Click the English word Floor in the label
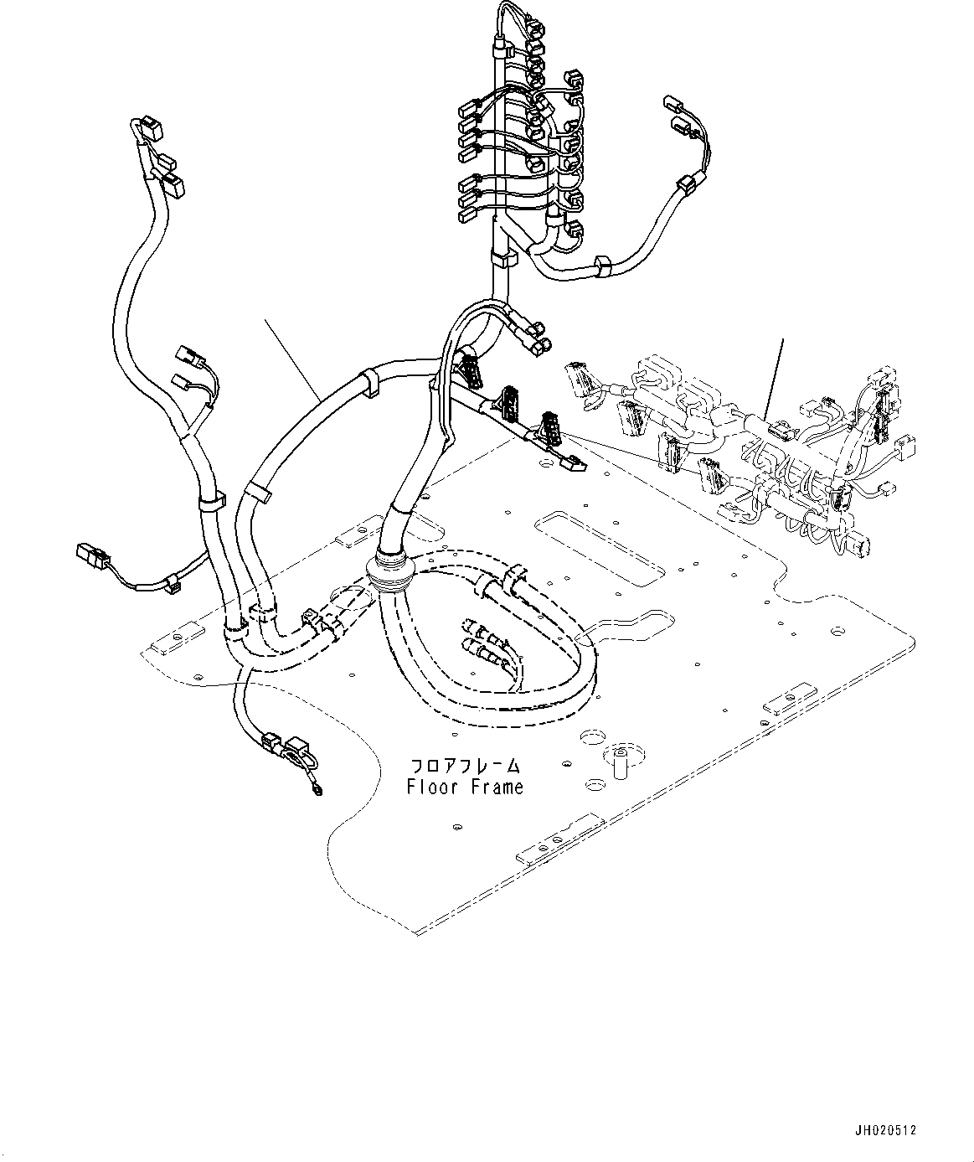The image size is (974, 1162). (431, 787)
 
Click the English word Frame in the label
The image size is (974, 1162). (496, 787)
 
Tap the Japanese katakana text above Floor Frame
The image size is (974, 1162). (466, 767)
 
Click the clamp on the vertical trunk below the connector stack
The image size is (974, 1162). (503, 258)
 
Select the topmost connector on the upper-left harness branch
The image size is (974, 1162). (151, 129)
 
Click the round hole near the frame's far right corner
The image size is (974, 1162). (838, 631)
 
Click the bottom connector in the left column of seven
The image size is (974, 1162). (466, 215)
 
